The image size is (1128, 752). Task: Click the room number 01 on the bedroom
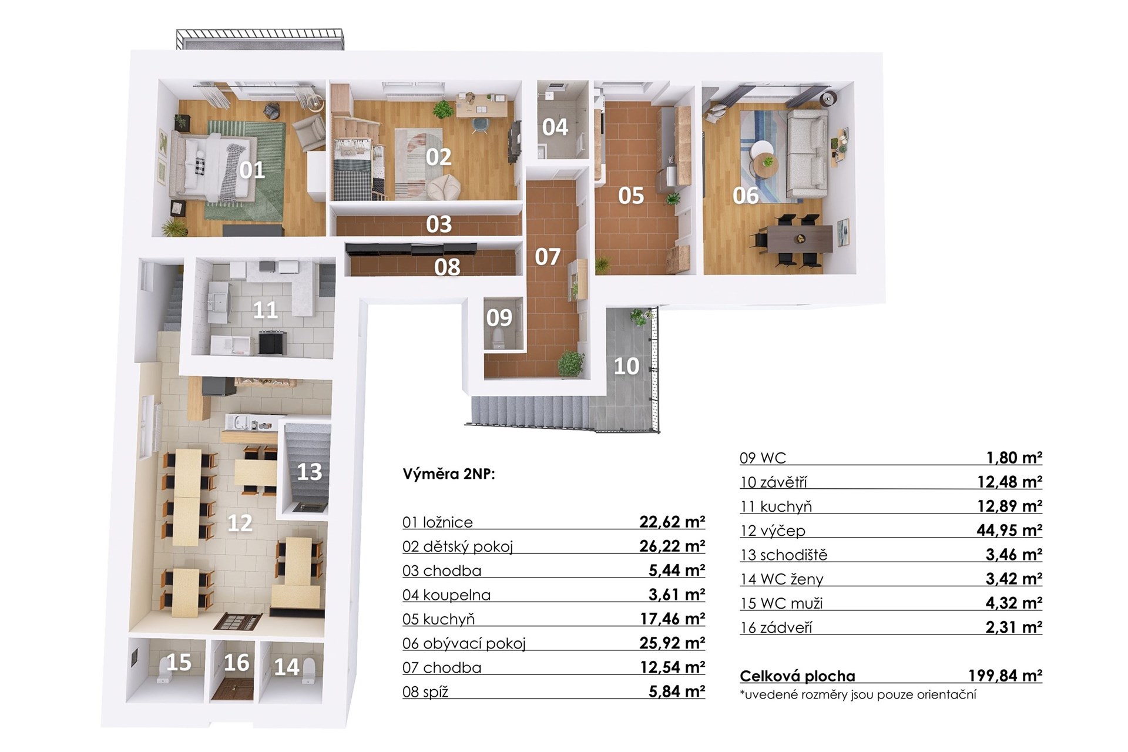click(252, 170)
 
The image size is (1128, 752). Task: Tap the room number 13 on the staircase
click(309, 471)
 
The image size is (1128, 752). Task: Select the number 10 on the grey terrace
click(626, 366)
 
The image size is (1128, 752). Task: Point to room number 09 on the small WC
click(499, 318)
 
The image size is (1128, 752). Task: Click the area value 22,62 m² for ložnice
click(672, 522)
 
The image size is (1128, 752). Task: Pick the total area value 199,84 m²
click(1005, 676)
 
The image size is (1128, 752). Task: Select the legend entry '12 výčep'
click(773, 531)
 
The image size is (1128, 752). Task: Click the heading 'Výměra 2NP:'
click(449, 474)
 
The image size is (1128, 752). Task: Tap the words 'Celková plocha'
click(797, 676)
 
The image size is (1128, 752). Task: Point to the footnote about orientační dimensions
click(858, 694)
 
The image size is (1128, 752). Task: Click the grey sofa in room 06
click(807, 154)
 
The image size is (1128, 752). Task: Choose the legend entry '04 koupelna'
click(446, 595)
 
